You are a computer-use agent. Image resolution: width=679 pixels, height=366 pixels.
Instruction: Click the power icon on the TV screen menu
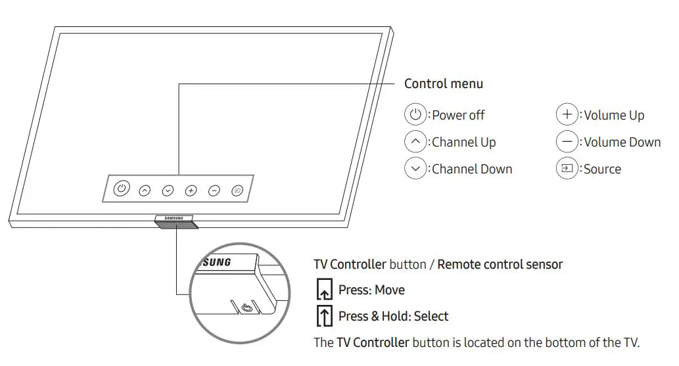(120, 189)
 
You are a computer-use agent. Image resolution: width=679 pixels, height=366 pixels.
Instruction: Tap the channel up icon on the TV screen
(145, 191)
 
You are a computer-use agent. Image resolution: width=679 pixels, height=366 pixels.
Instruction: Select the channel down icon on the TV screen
(168, 191)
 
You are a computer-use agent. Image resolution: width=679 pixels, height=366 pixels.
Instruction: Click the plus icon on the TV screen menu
(191, 191)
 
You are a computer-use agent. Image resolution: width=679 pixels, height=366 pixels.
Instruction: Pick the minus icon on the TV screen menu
(214, 191)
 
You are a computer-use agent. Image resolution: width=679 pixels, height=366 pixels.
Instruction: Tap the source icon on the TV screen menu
(237, 191)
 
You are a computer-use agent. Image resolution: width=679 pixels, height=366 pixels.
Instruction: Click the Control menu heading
(443, 83)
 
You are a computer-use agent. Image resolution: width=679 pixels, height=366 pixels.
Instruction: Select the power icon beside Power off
(415, 114)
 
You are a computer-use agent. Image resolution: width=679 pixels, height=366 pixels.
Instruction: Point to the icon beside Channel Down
(415, 168)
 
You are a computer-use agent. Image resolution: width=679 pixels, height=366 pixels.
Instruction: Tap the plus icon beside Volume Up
(567, 114)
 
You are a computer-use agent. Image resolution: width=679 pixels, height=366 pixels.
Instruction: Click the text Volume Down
(622, 142)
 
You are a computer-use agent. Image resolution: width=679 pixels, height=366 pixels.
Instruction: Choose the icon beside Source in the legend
(567, 168)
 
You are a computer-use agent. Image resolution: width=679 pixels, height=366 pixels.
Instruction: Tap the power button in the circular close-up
(246, 307)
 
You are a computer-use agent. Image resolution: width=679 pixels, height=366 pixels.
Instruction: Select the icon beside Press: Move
(323, 290)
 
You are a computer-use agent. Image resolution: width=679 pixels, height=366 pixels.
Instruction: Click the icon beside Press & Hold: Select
(323, 316)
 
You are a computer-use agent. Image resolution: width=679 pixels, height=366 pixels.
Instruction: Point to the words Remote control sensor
(500, 265)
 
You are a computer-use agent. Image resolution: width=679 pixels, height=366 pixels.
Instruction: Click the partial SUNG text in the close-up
(216, 262)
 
